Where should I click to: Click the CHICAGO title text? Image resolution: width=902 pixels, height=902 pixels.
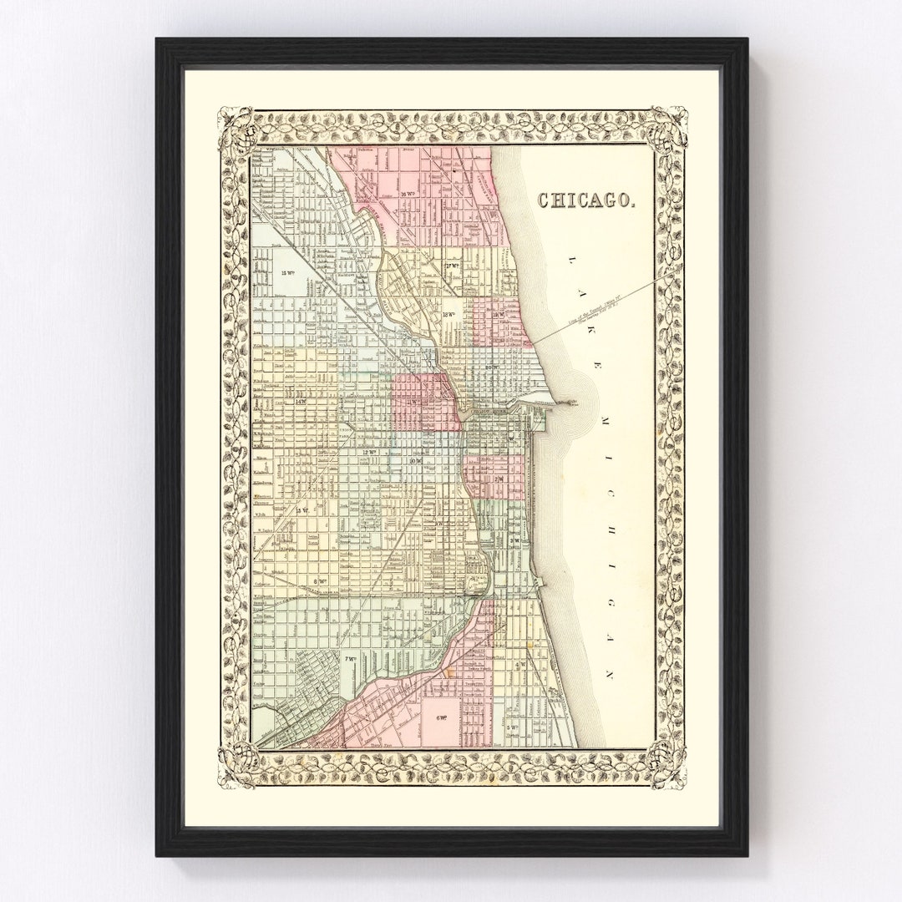tap(589, 200)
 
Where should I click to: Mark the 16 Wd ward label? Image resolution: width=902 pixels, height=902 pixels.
tap(408, 195)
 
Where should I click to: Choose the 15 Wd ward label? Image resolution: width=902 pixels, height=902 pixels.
tap(289, 273)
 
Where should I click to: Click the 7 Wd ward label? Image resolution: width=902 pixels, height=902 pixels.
tap(350, 659)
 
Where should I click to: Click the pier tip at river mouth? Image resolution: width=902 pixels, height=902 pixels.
tap(576, 402)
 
